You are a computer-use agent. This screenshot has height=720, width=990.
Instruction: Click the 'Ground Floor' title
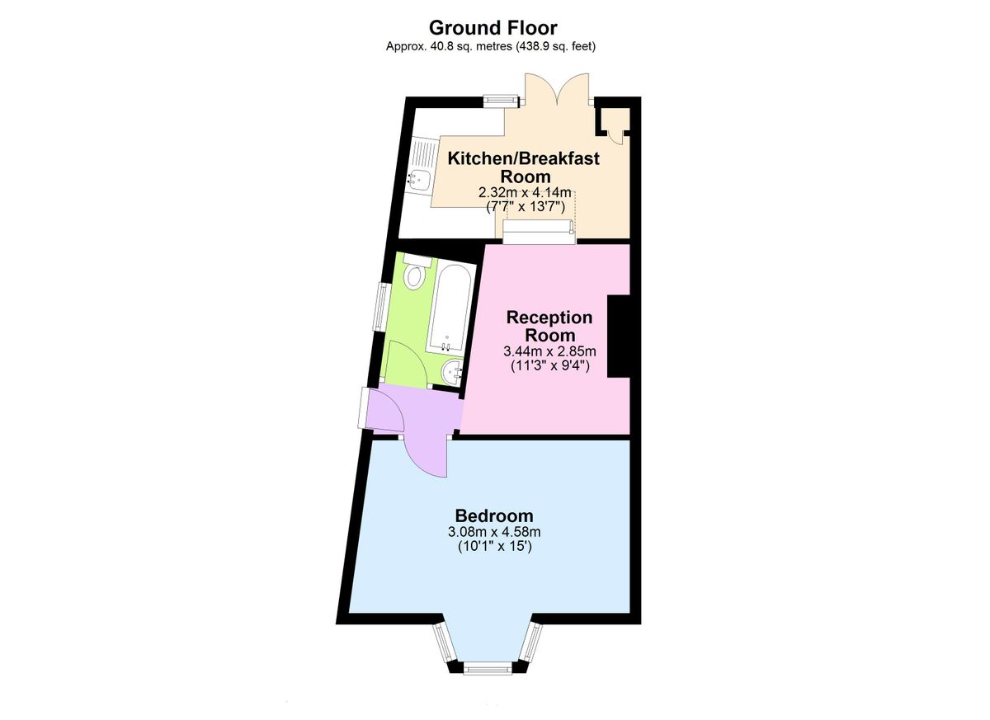[492, 28]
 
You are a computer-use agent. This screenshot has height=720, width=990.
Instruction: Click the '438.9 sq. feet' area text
[555, 46]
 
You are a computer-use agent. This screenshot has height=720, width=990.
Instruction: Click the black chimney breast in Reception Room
[619, 336]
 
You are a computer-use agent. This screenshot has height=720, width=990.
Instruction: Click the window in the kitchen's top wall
[500, 101]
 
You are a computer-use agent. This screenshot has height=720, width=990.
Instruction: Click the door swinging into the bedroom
[427, 455]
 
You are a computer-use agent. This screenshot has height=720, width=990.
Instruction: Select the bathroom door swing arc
[404, 363]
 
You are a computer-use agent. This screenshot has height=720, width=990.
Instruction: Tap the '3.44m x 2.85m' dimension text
[549, 351]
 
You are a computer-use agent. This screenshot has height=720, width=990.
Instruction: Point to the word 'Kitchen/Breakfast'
[523, 158]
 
